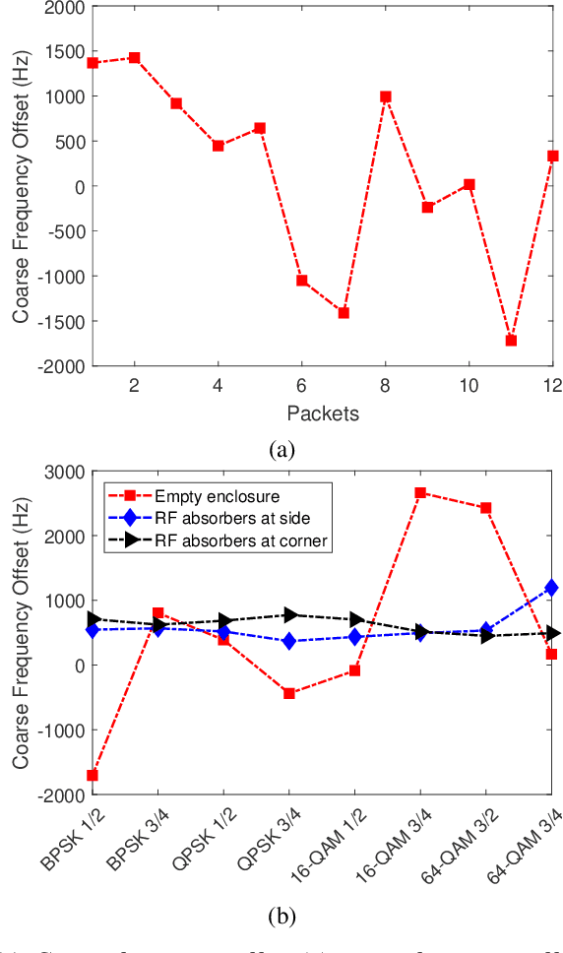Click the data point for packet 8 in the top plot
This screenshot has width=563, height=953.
click(x=386, y=96)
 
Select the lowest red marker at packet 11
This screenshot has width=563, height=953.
click(x=511, y=341)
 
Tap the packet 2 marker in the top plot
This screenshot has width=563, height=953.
click(x=135, y=58)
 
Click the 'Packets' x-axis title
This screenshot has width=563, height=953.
click(x=323, y=413)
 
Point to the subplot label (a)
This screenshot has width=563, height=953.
click(x=281, y=450)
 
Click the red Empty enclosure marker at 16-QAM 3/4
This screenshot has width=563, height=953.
click(x=420, y=492)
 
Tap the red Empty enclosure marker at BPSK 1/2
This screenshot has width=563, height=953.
click(x=93, y=775)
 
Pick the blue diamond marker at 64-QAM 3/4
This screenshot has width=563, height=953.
click(x=551, y=588)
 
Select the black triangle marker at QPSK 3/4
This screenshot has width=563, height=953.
click(x=289, y=615)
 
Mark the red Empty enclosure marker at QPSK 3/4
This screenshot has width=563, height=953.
click(x=289, y=693)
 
